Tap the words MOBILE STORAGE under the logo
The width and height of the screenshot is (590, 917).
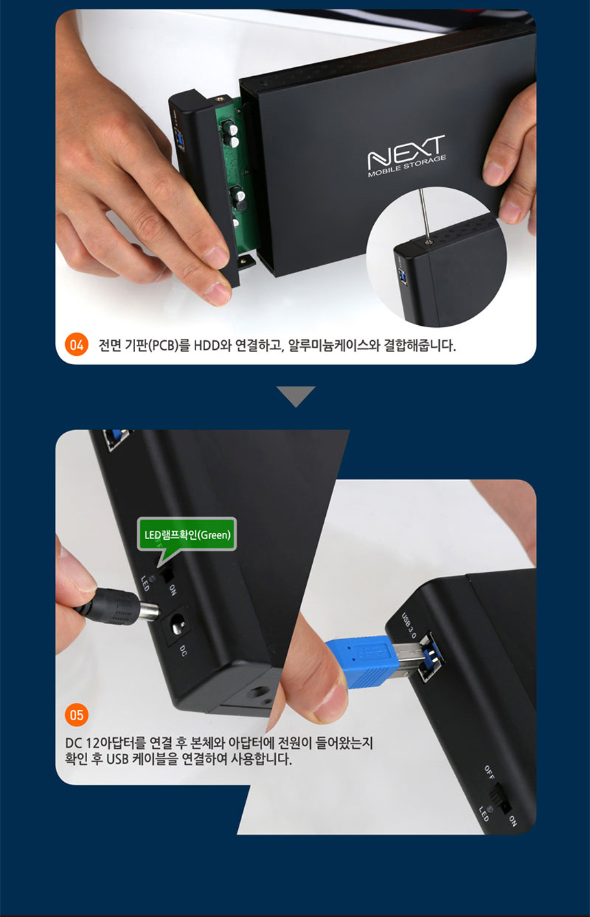pos(407,167)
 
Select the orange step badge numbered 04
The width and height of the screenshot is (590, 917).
pos(76,344)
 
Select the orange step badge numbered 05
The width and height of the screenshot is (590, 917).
pos(76,715)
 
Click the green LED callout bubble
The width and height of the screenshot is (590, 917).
pos(187,534)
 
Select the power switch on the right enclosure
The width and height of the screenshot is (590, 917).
pos(499,799)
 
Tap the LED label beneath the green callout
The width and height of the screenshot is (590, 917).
pos(145,583)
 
